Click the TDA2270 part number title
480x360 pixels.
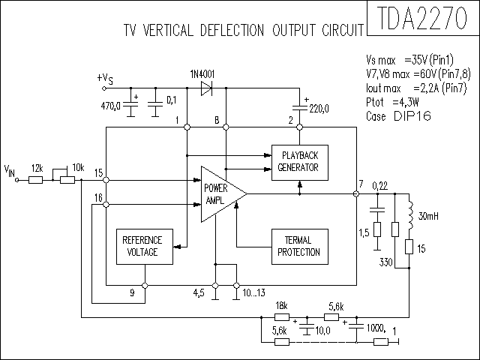click(x=423, y=18)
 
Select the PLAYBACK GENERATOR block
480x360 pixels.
click(x=300, y=163)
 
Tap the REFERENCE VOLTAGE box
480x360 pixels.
click(x=145, y=247)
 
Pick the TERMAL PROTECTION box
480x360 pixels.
click(x=300, y=247)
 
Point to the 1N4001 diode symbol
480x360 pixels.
click(x=206, y=88)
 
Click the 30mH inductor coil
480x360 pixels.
click(x=410, y=215)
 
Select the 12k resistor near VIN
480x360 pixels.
click(x=35, y=180)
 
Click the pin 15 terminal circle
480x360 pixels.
click(x=106, y=180)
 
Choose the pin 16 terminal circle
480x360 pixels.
click(x=106, y=205)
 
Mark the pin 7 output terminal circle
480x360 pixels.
click(x=356, y=193)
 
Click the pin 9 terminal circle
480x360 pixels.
click(x=145, y=286)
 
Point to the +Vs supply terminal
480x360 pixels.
click(x=104, y=88)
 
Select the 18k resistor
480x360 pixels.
click(x=282, y=317)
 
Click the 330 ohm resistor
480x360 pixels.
click(x=395, y=229)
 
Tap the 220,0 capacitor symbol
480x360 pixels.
click(x=300, y=107)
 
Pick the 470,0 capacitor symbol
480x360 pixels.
click(x=130, y=104)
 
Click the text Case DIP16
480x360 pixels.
click(x=398, y=116)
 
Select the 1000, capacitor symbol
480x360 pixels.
click(x=356, y=325)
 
